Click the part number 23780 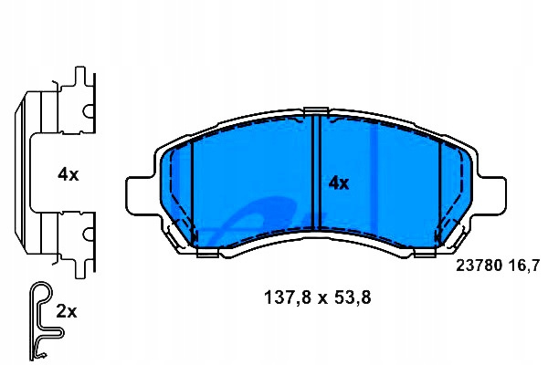(x=479, y=266)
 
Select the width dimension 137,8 (x=288, y=298)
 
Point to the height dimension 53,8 (x=353, y=298)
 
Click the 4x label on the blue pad (x=338, y=183)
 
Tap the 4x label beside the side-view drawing (x=68, y=174)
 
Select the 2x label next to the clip (x=67, y=311)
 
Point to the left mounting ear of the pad (x=140, y=194)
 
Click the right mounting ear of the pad (x=492, y=194)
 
